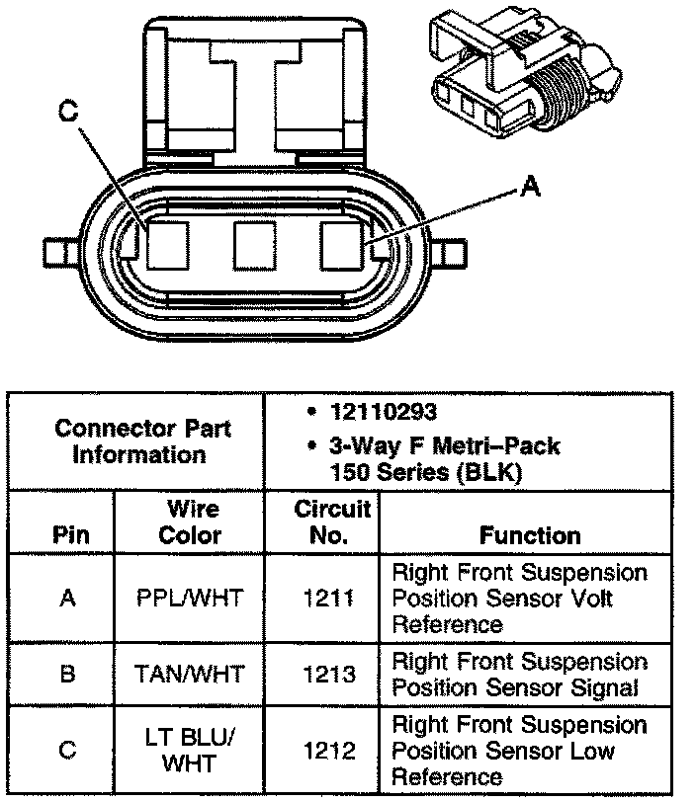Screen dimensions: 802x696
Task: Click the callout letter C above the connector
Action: coord(67,113)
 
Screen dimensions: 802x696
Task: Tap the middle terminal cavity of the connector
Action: coord(253,245)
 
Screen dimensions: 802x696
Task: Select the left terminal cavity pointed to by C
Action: coord(165,245)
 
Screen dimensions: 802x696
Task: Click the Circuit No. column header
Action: coord(332,522)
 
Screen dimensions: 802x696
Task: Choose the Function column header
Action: coord(530,535)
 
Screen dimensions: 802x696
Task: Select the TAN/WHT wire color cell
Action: coord(191,675)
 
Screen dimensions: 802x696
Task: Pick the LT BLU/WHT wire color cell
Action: coord(191,751)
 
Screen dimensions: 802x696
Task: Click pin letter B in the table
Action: coord(67,675)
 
